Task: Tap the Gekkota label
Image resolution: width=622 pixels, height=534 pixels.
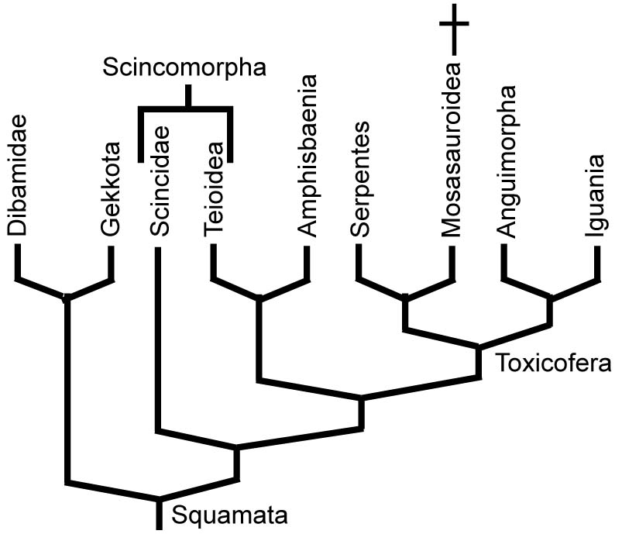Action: click(111, 188)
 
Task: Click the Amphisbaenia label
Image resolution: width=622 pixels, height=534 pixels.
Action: click(308, 156)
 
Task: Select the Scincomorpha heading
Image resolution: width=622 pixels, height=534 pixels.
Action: click(185, 67)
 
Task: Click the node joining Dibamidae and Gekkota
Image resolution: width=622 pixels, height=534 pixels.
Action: click(67, 297)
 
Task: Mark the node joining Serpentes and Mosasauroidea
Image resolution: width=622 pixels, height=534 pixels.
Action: click(404, 297)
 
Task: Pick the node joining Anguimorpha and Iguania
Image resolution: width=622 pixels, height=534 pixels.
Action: click(551, 297)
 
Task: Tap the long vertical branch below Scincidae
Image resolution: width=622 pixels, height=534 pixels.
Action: click(158, 341)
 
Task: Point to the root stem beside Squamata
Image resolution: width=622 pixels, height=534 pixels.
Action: click(160, 513)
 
